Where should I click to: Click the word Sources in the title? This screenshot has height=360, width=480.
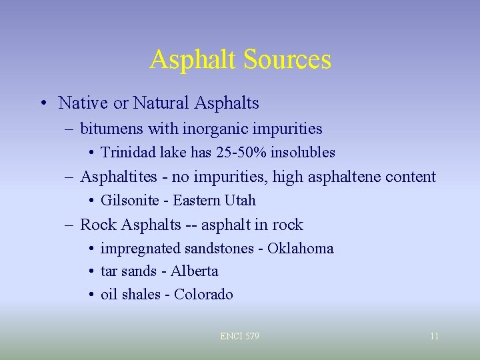pos(287,59)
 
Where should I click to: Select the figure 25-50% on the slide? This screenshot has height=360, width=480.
pos(241,153)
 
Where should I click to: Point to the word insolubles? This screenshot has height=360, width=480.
pos(303,153)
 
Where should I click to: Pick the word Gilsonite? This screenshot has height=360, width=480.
pos(130,201)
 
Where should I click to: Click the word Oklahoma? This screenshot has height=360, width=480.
pos(301,249)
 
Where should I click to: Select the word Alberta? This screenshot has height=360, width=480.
pos(195,271)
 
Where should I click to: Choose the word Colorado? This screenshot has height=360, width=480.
pos(203,295)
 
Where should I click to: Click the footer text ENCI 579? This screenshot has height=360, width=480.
pos(239,336)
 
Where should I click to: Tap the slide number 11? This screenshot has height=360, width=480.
pos(434,336)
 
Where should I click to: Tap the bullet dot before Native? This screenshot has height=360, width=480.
pos(43,104)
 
